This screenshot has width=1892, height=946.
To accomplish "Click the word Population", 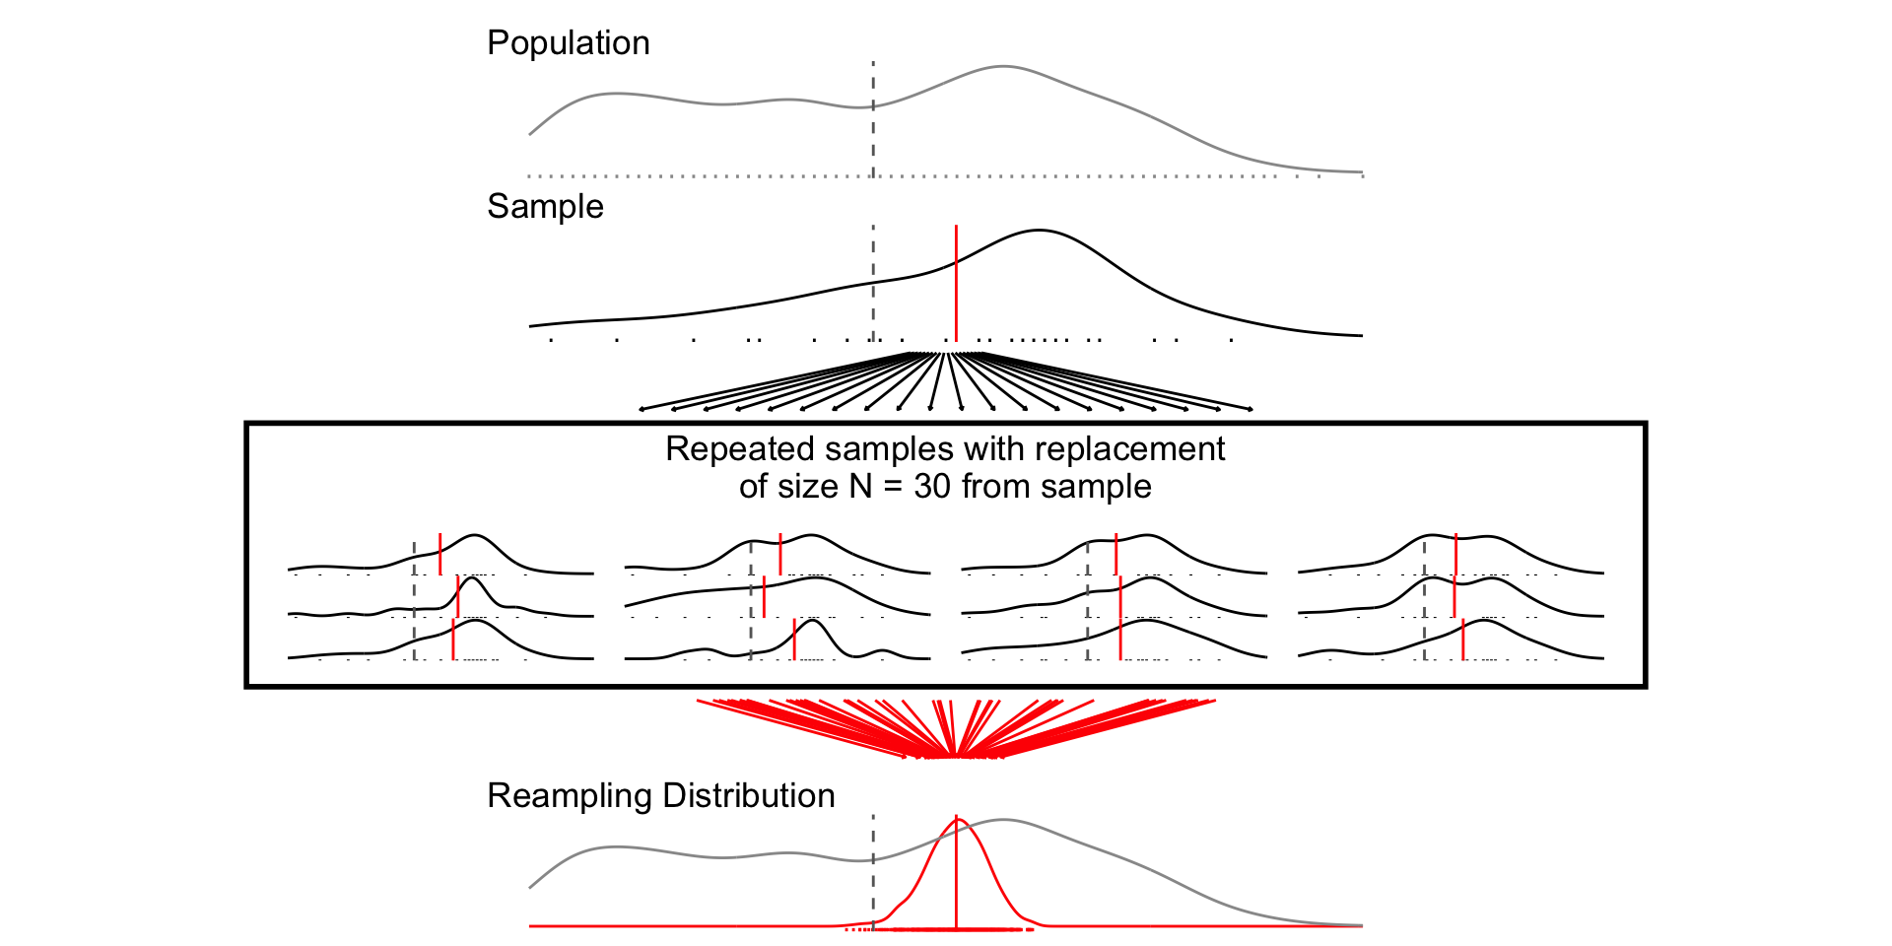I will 569,43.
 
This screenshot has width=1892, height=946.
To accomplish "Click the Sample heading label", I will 545,207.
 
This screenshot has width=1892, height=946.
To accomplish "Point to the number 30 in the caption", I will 933,487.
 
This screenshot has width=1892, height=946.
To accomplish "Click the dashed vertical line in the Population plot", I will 873,128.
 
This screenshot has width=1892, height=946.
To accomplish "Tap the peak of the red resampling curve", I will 956,819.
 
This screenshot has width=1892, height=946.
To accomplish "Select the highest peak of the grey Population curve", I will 1002,67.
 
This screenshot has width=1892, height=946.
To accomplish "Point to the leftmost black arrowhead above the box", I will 642,409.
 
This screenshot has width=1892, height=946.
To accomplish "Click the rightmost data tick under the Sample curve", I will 1231,341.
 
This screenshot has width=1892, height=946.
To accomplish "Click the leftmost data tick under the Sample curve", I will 551,341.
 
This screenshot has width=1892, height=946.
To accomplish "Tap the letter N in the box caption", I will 861,487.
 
